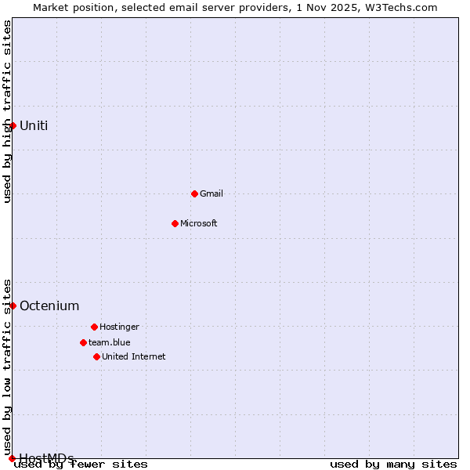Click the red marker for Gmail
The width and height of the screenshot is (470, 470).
194,193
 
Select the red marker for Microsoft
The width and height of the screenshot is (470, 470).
175,223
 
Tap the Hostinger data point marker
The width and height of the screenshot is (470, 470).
94,327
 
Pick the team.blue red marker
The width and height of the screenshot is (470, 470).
83,342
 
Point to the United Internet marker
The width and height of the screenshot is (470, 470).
96,356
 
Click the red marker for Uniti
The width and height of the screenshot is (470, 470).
13,125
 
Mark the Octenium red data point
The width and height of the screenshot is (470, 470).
13,305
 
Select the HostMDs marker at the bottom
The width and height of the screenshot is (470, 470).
12,458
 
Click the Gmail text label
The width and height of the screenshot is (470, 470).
211,193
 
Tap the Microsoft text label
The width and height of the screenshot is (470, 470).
199,223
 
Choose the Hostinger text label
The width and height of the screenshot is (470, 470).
119,327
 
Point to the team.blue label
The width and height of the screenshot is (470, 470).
110,342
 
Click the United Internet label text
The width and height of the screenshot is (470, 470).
134,356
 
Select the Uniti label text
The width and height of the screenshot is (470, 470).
34,125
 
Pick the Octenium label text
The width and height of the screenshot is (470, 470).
49,305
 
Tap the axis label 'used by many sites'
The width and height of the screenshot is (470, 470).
393,465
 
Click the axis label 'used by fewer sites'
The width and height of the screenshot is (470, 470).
81,465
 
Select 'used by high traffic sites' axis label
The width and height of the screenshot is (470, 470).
8,111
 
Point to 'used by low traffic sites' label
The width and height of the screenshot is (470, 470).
8,366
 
